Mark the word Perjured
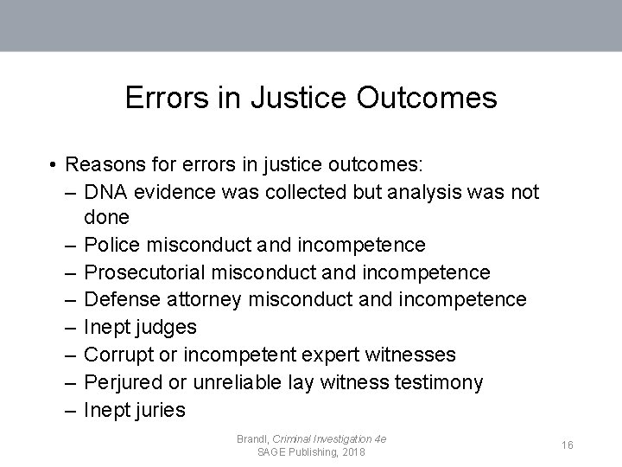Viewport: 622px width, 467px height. (124, 382)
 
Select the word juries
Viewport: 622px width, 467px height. (159, 410)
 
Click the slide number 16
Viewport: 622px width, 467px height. (568, 445)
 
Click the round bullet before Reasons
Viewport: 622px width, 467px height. (54, 164)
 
